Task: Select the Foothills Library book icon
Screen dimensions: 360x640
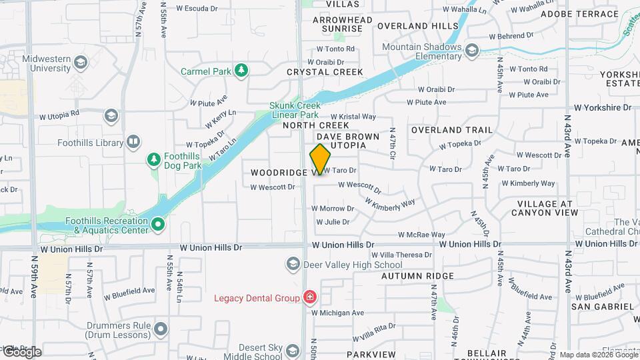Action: pyautogui.click(x=133, y=142)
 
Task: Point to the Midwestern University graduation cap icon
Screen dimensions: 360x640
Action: pyautogui.click(x=81, y=63)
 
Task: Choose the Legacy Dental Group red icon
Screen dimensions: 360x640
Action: pyautogui.click(x=309, y=297)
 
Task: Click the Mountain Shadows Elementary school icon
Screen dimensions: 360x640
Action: pyautogui.click(x=472, y=51)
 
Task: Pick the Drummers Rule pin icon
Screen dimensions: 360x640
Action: pyautogui.click(x=160, y=329)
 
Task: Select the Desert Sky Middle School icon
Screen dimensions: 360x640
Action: pyautogui.click(x=292, y=351)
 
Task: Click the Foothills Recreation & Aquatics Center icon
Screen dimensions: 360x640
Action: pyautogui.click(x=158, y=225)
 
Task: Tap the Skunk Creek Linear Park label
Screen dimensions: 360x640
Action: pyautogui.click(x=295, y=110)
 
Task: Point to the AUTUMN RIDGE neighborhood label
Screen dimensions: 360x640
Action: pyautogui.click(x=418, y=275)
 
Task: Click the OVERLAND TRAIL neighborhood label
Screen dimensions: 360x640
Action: pyautogui.click(x=452, y=130)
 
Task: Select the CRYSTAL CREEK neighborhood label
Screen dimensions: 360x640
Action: pyautogui.click(x=325, y=72)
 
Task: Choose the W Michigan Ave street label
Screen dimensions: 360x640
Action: pyautogui.click(x=337, y=312)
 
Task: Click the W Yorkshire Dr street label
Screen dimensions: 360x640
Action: pyautogui.click(x=603, y=107)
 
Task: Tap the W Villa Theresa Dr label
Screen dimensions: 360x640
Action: pyautogui.click(x=401, y=255)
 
